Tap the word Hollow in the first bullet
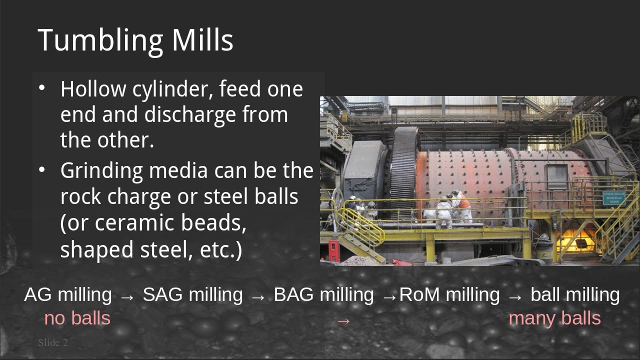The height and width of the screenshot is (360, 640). point(93,89)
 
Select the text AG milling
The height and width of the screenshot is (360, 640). point(68,294)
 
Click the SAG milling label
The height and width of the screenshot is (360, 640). point(193,294)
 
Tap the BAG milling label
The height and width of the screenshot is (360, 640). point(323,294)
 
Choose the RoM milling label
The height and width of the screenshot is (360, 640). point(449,294)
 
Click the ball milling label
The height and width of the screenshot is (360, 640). point(575,294)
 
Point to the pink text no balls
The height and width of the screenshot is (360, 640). point(77,318)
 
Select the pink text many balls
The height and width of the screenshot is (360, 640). point(554,318)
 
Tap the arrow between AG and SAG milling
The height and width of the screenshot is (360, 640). point(127,296)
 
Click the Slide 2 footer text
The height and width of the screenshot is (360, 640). point(52,342)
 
